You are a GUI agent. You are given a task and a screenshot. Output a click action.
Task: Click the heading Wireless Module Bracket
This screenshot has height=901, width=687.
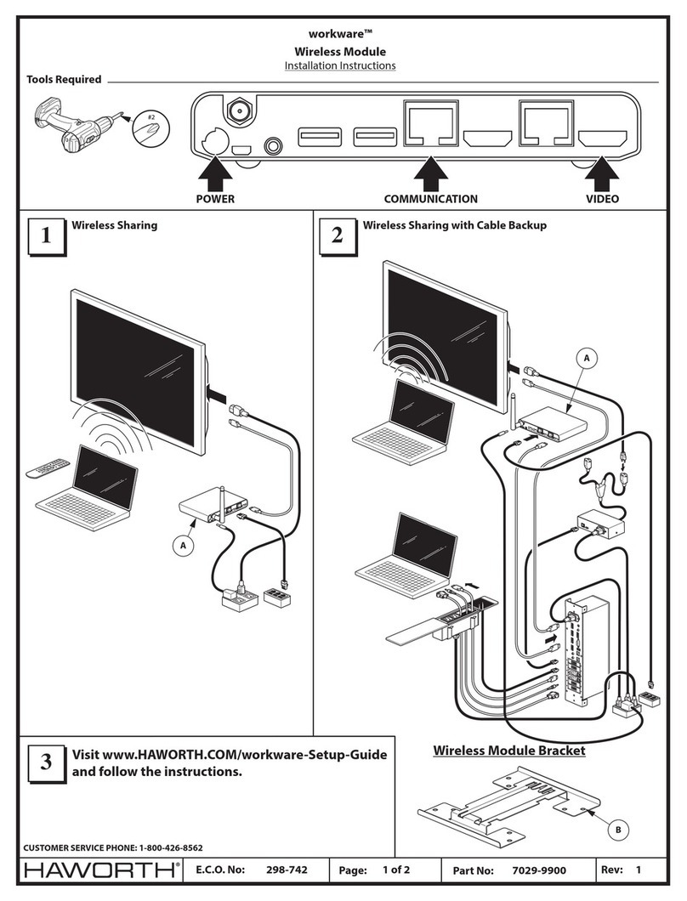[509, 751]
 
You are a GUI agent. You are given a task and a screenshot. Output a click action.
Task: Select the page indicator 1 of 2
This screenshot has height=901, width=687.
[397, 870]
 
